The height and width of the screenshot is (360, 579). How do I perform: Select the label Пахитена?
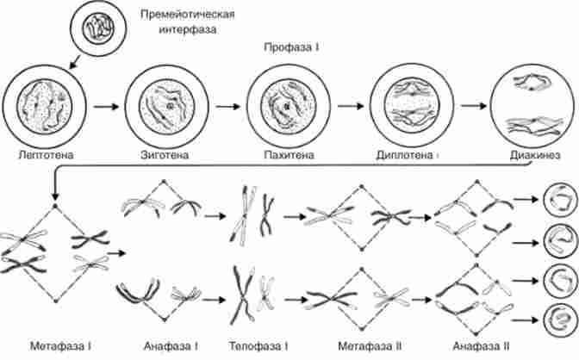click(288, 155)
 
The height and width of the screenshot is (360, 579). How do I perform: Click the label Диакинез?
click(529, 156)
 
